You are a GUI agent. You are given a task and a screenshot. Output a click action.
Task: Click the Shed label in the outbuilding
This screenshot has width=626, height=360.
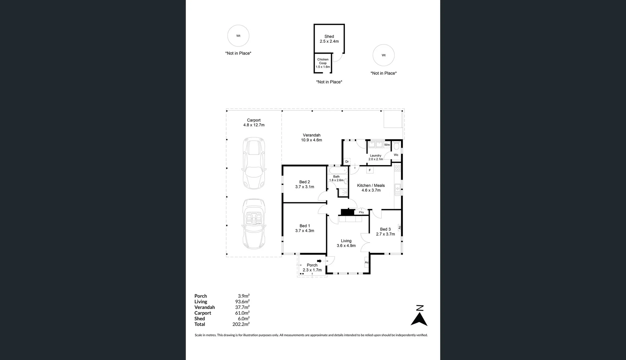click(x=329, y=37)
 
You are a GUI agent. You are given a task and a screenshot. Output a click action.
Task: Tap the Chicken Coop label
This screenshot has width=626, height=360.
click(x=322, y=61)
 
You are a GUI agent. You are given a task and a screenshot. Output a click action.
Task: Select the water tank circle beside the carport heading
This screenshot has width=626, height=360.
click(x=238, y=36)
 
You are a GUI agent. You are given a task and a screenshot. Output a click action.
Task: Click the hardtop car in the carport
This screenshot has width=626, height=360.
click(x=254, y=163)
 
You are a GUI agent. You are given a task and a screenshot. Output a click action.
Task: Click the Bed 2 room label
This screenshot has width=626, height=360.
click(x=304, y=182)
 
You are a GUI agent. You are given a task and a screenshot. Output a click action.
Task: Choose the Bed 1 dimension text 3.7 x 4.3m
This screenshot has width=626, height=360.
click(x=305, y=231)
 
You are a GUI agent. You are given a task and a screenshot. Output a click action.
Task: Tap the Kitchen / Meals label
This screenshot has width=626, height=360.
click(x=371, y=186)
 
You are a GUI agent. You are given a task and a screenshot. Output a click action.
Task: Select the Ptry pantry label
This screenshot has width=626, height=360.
click(x=361, y=212)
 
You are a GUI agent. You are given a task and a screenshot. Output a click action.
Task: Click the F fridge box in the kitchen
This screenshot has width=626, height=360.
click(x=369, y=170)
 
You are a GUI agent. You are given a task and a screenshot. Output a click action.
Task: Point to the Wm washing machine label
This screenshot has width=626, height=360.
click(x=387, y=145)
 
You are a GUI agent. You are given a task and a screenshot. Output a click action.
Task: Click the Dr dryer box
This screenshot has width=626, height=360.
click(x=347, y=162)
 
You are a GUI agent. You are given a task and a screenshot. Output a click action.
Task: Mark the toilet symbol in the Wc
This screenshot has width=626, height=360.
click(x=396, y=146)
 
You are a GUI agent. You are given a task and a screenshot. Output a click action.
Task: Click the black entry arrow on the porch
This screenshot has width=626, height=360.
click(x=319, y=261)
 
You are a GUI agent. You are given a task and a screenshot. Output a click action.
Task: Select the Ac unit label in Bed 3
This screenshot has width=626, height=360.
click(x=399, y=227)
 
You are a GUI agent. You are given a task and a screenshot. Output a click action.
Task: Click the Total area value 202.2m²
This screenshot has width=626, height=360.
click(x=241, y=324)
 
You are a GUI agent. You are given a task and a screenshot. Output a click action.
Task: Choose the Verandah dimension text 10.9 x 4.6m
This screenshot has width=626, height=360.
click(x=312, y=140)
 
